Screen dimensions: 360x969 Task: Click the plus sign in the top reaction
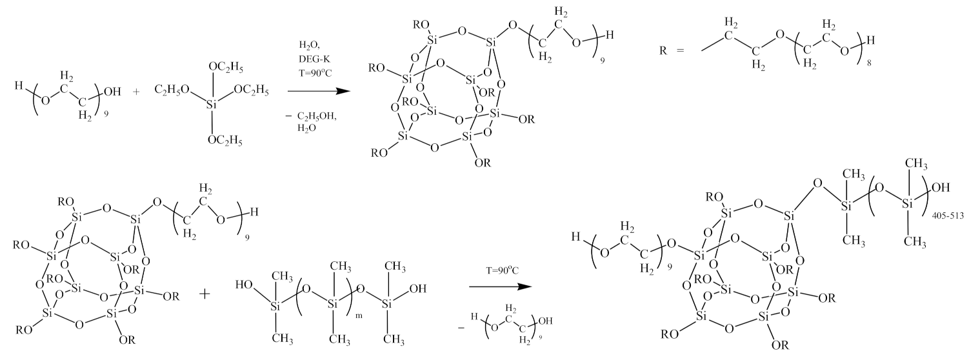(135, 92)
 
